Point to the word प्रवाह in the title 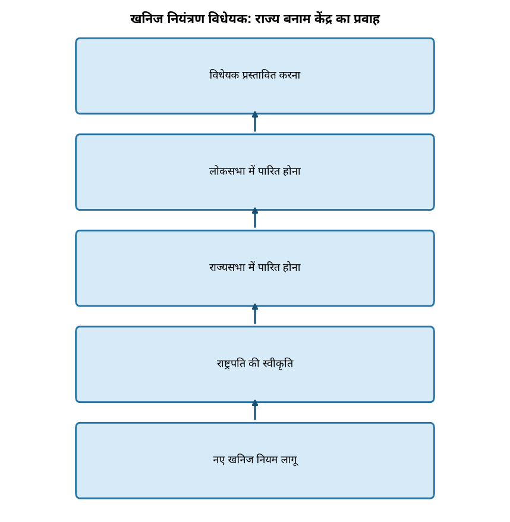[366, 18]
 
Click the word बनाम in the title [297, 18]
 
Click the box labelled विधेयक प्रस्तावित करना [255, 76]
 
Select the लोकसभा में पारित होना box [255, 172]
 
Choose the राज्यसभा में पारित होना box [255, 268]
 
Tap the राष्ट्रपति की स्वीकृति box [255, 364]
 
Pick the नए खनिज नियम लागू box [255, 461]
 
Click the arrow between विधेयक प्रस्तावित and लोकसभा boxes [255, 121]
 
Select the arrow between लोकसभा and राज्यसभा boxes [255, 218]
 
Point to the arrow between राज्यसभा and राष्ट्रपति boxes [255, 314]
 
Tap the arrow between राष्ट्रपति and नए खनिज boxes [255, 410]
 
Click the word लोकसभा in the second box [227, 171]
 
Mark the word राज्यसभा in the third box [227, 267]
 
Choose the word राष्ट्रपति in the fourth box [231, 364]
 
